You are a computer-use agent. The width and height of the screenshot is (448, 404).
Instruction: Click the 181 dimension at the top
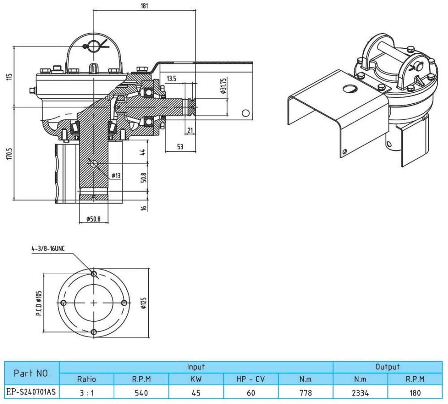(x=144, y=6)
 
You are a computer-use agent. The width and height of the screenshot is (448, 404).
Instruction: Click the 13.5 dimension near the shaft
(x=172, y=79)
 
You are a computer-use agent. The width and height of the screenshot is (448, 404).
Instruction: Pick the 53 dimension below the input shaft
(x=180, y=146)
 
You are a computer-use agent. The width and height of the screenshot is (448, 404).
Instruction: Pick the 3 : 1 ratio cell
(x=86, y=392)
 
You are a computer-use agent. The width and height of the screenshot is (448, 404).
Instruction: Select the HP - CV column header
(x=250, y=379)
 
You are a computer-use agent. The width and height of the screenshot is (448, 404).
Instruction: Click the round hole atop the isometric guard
(x=347, y=89)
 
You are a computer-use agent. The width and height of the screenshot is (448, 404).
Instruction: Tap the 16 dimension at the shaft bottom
(x=142, y=208)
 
